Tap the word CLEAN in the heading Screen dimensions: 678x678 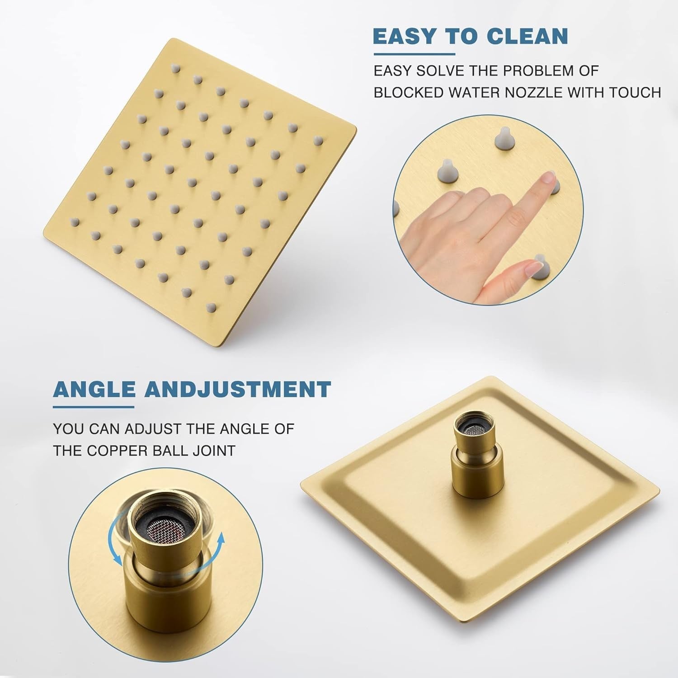[x=528, y=37]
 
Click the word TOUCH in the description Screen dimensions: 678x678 [x=635, y=92]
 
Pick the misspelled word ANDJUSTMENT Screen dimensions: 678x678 [x=237, y=389]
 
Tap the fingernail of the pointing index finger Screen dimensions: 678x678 [x=548, y=178]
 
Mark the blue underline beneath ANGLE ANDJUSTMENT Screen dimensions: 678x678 [x=94, y=407]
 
